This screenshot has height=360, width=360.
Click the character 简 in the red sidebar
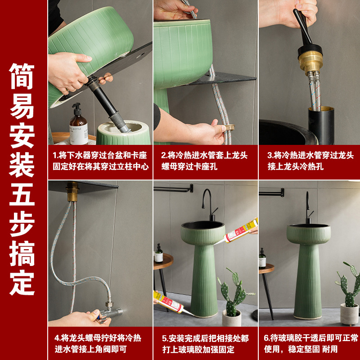(22, 76)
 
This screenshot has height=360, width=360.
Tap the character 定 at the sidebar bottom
(22, 282)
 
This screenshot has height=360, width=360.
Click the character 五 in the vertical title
(22, 194)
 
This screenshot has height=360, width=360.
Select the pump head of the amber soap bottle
(76, 108)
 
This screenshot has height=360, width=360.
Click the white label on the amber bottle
(79, 134)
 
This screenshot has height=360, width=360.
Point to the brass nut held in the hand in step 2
(229, 127)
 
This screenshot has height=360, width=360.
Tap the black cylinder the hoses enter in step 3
(321, 125)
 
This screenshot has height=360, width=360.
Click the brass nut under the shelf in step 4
(72, 191)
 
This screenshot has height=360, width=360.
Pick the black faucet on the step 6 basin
(309, 208)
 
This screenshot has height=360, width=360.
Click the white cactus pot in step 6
(349, 314)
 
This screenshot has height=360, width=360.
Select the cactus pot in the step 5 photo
(231, 318)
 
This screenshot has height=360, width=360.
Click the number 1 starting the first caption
(54, 155)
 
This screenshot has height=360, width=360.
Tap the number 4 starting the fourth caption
(57, 338)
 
